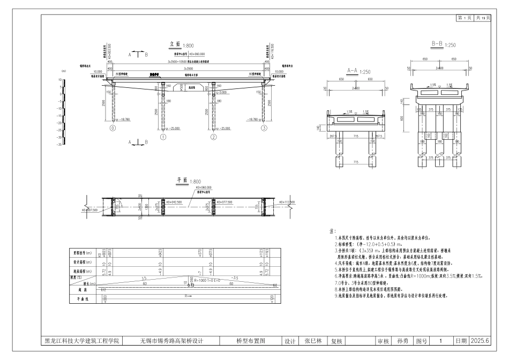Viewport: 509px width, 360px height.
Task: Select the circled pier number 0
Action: (113, 129)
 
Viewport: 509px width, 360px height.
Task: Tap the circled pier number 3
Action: (264, 129)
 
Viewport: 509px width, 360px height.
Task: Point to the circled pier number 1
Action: (162, 137)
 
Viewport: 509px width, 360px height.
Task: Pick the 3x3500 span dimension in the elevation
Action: (188, 69)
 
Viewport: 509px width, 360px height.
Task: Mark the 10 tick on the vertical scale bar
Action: (61, 79)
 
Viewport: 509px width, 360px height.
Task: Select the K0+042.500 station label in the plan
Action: (175, 202)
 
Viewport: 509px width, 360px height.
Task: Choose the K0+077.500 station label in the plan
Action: (224, 202)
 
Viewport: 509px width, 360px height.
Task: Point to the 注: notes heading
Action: (332, 231)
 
